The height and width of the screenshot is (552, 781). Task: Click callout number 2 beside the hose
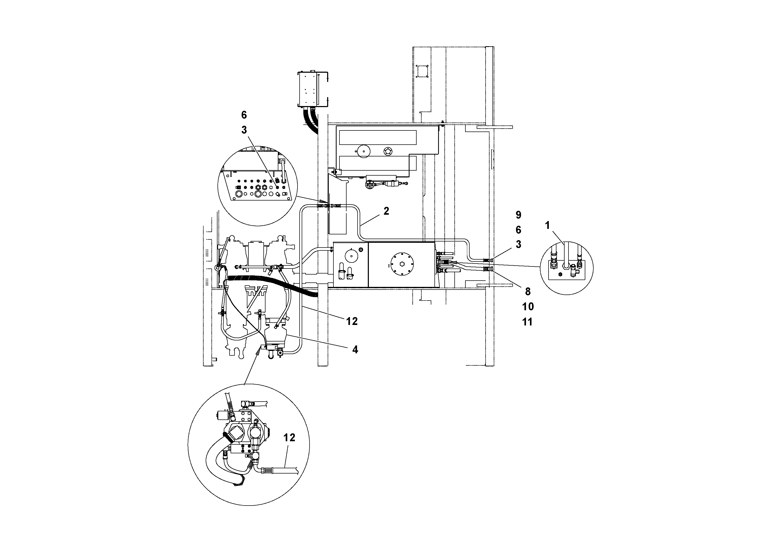click(386, 211)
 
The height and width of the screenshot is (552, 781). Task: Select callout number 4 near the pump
click(355, 350)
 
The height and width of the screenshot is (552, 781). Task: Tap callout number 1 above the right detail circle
click(547, 225)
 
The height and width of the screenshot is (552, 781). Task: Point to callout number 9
click(518, 215)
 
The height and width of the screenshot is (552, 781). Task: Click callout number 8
click(528, 291)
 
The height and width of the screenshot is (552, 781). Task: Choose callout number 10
click(528, 307)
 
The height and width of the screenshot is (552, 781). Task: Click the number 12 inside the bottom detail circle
click(289, 438)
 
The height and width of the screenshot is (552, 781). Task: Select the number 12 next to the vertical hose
click(352, 321)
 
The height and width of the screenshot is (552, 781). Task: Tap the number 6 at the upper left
click(244, 115)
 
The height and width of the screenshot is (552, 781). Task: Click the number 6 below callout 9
click(518, 230)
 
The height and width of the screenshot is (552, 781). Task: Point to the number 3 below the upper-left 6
click(244, 130)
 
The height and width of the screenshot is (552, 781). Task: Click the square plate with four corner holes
click(422, 71)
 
